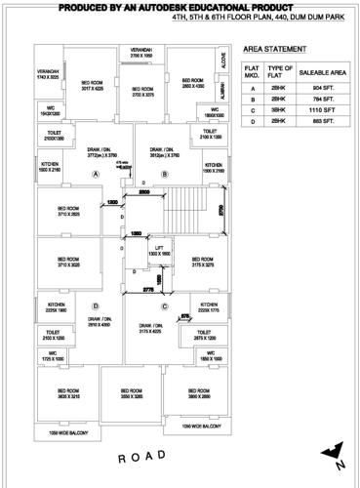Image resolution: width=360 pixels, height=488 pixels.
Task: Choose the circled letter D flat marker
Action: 96,305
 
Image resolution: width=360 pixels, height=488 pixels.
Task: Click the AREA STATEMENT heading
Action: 268,47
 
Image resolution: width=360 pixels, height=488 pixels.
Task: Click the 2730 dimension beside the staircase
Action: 220,208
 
